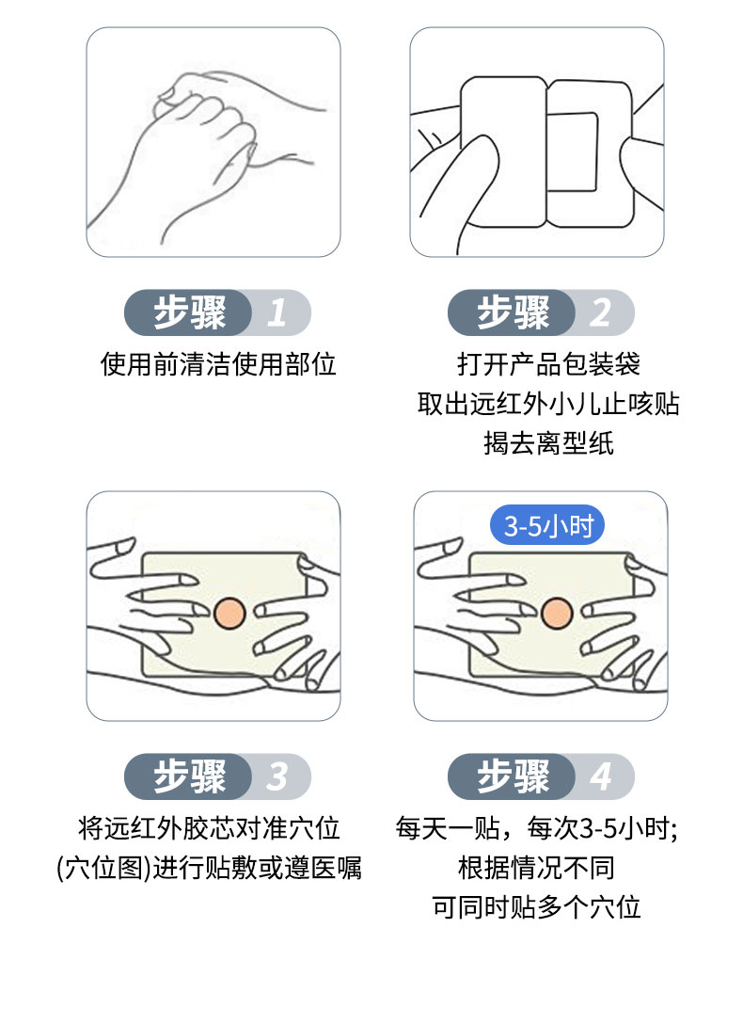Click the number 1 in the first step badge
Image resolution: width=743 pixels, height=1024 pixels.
click(x=276, y=312)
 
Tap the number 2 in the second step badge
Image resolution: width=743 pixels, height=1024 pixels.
click(x=600, y=312)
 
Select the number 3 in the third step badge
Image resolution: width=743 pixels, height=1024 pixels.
click(x=276, y=777)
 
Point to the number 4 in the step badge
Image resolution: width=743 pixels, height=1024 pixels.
click(x=600, y=777)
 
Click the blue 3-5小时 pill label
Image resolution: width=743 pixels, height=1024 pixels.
click(x=548, y=526)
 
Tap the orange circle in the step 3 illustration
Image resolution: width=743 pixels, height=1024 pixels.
click(x=229, y=613)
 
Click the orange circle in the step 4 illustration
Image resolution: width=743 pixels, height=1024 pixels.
click(x=556, y=613)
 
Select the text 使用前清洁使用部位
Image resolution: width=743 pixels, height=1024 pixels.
click(x=218, y=364)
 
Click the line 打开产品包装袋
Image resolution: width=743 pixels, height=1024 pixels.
click(x=548, y=364)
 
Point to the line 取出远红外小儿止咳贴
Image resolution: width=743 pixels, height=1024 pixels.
click(x=548, y=404)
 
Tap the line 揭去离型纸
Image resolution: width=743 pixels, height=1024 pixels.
click(x=548, y=443)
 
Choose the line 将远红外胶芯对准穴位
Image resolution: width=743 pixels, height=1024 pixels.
click(x=209, y=828)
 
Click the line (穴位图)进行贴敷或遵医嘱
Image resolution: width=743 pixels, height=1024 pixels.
click(x=209, y=868)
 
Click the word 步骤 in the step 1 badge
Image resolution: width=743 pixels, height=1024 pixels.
click(x=190, y=312)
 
